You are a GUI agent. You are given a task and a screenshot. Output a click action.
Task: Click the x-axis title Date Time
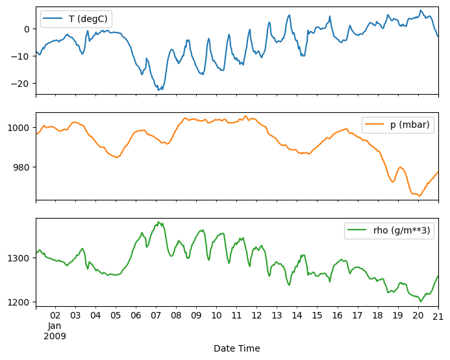click(236, 348)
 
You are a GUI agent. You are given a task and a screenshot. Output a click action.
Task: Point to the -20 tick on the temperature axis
click(23, 84)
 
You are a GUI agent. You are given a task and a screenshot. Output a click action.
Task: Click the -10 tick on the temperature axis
click(23, 56)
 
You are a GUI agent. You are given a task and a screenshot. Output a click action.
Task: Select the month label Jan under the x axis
click(55, 326)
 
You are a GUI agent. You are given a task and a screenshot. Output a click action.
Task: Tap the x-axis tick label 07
click(156, 316)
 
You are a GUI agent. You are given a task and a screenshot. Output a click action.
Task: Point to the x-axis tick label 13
click(277, 316)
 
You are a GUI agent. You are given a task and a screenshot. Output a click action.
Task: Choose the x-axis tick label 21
click(438, 316)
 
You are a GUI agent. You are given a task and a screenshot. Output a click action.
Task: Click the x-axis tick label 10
click(216, 316)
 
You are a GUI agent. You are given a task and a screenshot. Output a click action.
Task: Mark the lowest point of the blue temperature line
click(159, 90)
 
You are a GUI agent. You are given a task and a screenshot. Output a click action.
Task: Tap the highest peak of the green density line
click(158, 222)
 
